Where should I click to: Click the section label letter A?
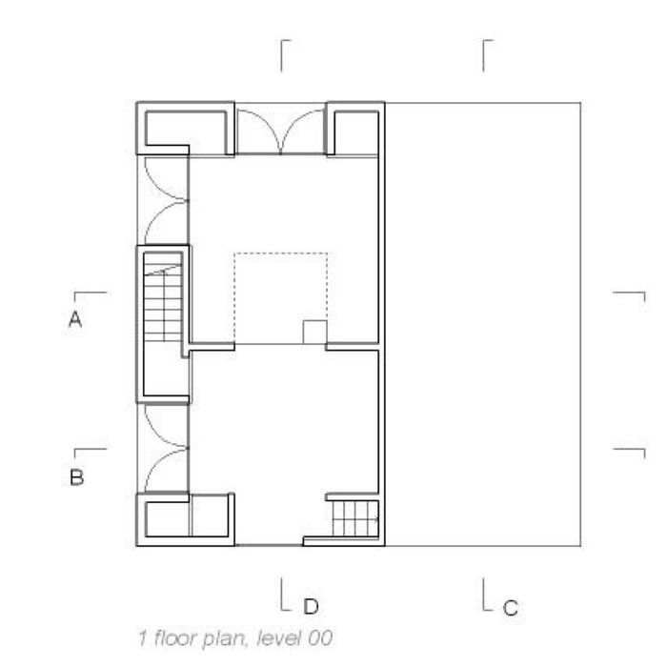point(75,319)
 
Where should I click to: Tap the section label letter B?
point(76,477)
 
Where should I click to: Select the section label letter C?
point(511,608)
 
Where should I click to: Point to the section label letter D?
point(311,606)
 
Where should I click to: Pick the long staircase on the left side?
point(163,303)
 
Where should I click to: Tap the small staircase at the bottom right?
point(355,518)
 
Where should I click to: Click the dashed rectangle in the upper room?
point(281,253)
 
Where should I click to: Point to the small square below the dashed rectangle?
point(314,333)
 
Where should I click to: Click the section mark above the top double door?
point(282,55)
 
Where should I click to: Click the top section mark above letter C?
point(484,55)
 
